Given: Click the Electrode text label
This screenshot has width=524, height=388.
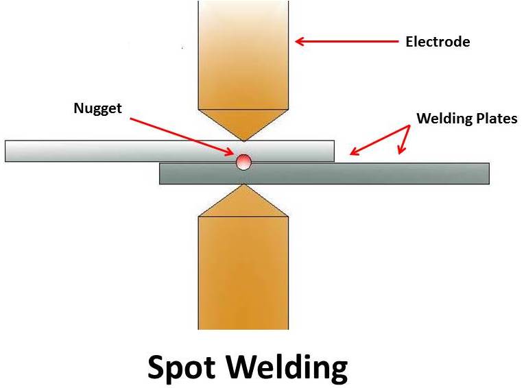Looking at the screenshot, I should (x=438, y=42).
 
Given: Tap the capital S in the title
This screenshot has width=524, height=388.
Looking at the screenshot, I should (x=158, y=368).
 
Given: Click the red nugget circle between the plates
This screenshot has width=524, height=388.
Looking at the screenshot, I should (x=243, y=162).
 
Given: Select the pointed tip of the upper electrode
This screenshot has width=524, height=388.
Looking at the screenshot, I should (x=243, y=139).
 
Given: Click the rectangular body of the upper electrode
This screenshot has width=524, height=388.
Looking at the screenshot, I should (x=243, y=55).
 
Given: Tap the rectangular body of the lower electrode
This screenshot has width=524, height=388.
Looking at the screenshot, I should (x=243, y=274).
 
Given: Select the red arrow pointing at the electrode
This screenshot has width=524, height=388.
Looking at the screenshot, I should (x=346, y=42).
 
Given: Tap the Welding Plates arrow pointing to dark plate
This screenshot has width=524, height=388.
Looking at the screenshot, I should (x=403, y=140).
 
